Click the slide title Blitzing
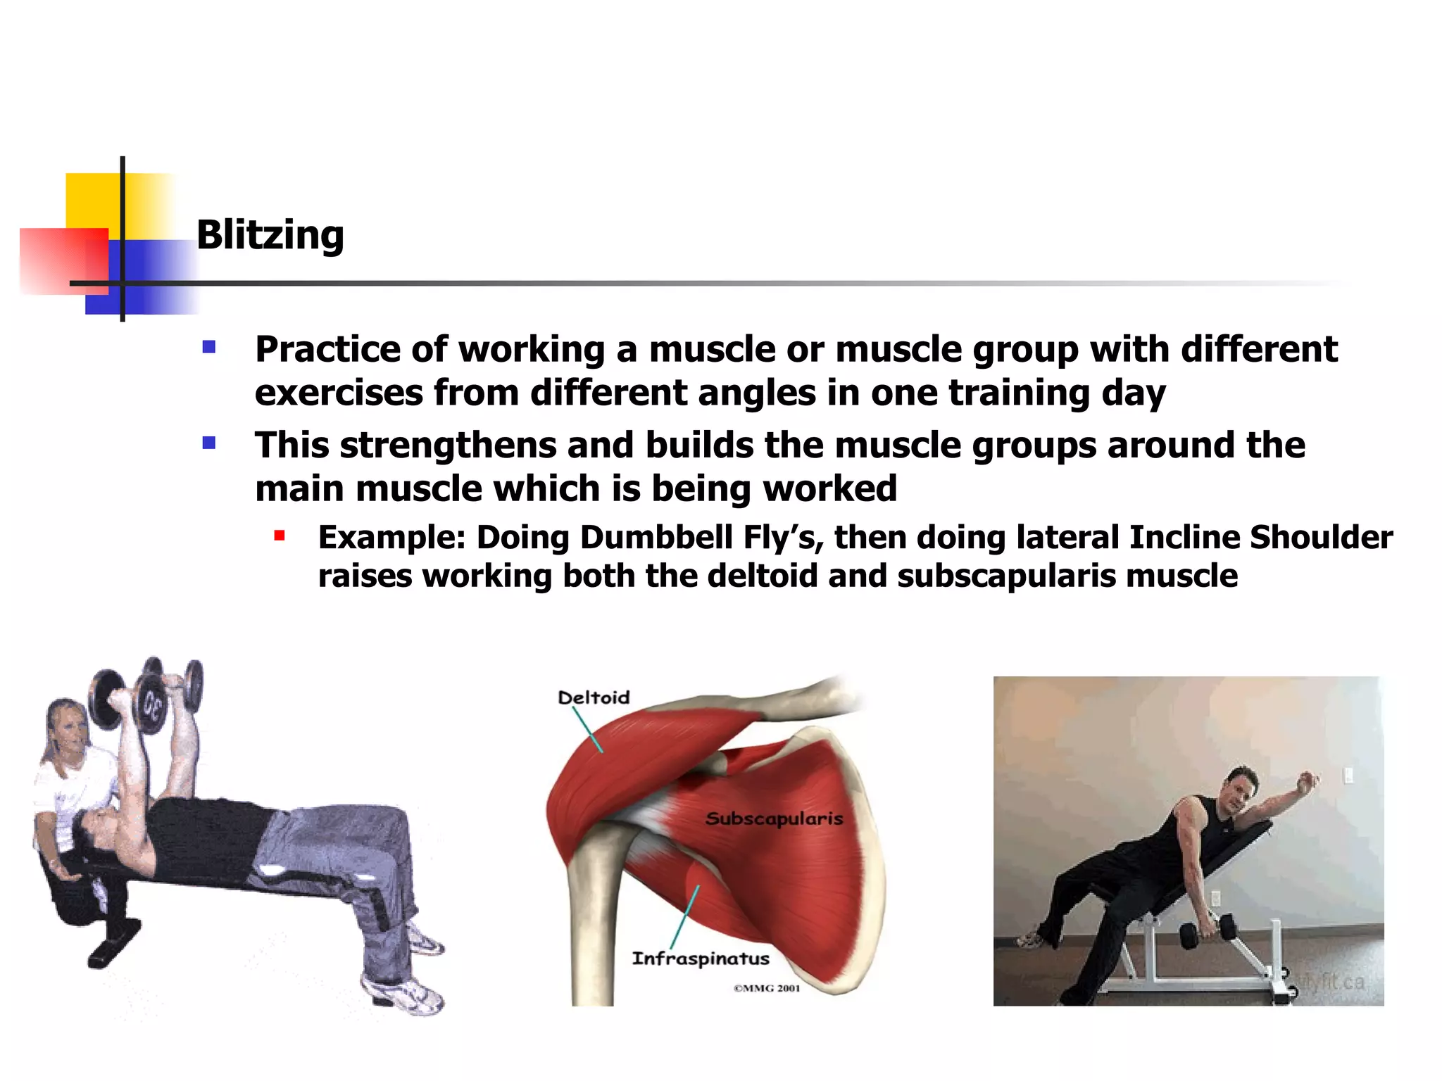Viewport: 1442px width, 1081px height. (270, 235)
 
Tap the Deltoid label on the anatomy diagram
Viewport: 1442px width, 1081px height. (594, 697)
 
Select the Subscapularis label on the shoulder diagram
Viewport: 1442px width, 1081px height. (774, 818)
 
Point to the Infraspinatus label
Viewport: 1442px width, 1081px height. (701, 959)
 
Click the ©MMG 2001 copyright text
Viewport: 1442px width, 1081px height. (767, 988)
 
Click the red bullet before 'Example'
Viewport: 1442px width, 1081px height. (280, 536)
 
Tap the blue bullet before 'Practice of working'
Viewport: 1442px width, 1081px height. (208, 347)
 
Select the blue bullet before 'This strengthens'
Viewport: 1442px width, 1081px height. (208, 443)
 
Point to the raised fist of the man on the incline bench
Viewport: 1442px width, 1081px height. (1308, 780)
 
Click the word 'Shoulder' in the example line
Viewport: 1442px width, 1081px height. (1321, 538)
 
